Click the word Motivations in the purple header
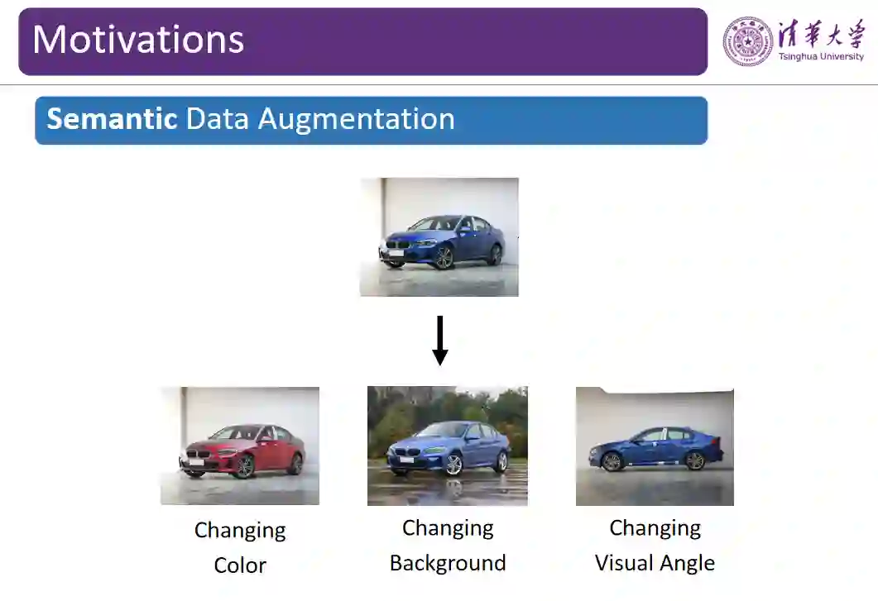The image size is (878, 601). click(138, 40)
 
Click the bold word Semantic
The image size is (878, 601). click(112, 119)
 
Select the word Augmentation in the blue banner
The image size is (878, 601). click(356, 119)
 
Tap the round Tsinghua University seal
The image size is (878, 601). click(748, 41)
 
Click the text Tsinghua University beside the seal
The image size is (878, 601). click(820, 57)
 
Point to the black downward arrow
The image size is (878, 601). click(440, 340)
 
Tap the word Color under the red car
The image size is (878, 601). click(240, 565)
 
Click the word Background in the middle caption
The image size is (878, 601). click(448, 564)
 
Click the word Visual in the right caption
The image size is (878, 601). click(623, 564)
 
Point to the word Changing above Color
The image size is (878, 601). click(240, 530)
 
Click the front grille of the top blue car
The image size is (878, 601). click(398, 246)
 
